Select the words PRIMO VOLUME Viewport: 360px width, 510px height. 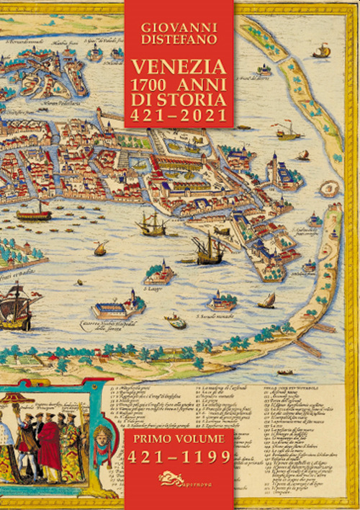pyautogui.click(x=179, y=437)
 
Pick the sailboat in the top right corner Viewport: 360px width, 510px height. pyautogui.click(x=322, y=50)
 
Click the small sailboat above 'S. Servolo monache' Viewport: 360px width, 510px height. pyautogui.click(x=266, y=300)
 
